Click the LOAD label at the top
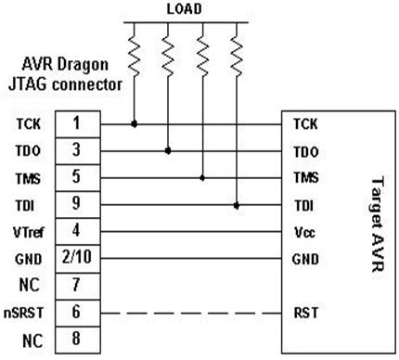186,9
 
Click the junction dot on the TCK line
135,122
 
